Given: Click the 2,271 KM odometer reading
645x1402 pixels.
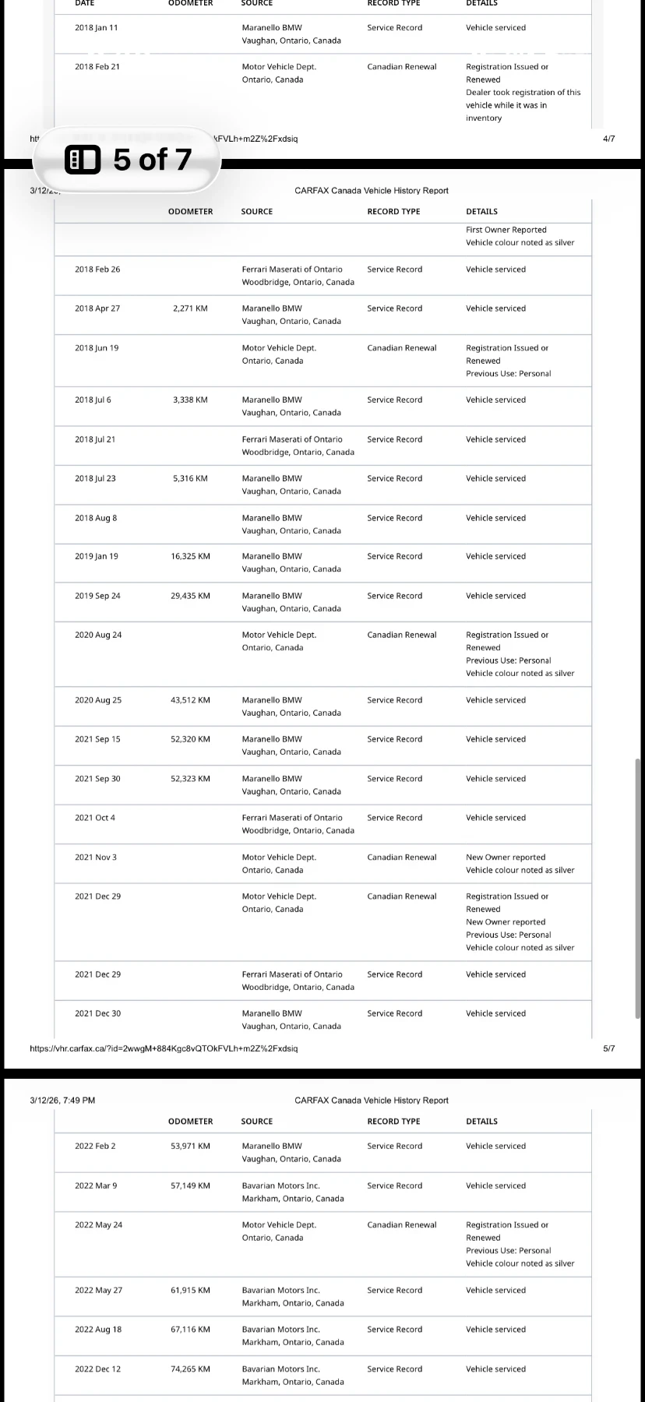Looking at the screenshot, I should point(190,308).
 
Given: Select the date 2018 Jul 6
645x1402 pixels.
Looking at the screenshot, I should point(93,400).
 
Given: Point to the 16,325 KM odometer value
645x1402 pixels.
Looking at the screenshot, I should point(190,556).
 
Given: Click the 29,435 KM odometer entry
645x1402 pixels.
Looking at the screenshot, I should point(190,596).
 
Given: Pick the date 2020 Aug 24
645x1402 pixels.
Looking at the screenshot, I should point(98,635).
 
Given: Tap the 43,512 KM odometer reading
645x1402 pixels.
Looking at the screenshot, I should point(190,700).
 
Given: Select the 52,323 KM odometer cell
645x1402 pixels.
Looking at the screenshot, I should point(190,779).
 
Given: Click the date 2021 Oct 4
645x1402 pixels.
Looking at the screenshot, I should point(95,818).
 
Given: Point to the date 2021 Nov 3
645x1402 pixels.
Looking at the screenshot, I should point(96,858).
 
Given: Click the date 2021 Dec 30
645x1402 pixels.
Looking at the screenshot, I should point(97,1013).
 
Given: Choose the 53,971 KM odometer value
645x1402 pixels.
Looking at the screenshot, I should point(190,1146).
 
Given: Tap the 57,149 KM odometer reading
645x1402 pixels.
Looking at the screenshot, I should point(190,1185).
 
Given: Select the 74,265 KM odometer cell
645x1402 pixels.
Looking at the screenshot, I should point(190,1369).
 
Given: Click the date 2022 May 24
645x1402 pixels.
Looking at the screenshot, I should point(98,1224).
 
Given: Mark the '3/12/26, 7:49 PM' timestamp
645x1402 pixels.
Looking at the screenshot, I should point(62,1101).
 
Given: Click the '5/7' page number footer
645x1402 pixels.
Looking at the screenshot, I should point(608,1048).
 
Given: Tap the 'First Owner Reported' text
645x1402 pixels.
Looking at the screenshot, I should point(506,230).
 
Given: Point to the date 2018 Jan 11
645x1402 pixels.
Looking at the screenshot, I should point(96,27).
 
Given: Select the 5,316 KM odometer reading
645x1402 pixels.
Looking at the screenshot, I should point(190,478).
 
